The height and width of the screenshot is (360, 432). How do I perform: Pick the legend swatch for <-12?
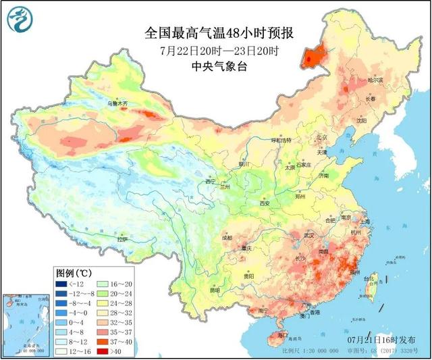click(x=64, y=284)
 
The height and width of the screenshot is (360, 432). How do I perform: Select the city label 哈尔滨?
click(x=375, y=80)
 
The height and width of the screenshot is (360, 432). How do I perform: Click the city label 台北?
click(x=368, y=278)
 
